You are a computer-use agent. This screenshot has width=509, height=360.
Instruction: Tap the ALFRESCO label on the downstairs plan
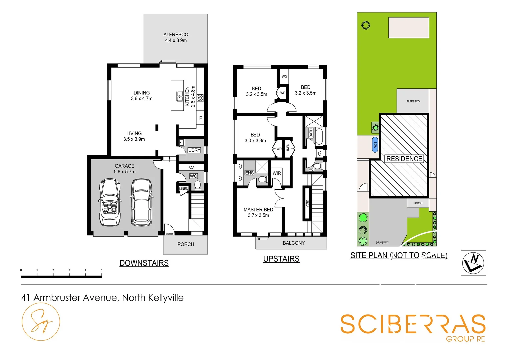(176, 35)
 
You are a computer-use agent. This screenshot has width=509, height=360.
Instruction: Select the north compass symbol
(473, 263)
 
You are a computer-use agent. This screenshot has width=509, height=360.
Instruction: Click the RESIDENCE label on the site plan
(404, 159)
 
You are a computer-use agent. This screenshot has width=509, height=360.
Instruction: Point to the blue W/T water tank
(375, 144)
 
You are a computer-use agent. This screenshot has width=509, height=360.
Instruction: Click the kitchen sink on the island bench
(179, 96)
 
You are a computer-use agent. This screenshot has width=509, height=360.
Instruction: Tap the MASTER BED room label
(258, 210)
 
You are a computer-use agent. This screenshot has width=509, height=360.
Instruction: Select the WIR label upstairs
(277, 173)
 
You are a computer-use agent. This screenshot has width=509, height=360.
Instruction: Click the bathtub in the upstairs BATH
(319, 136)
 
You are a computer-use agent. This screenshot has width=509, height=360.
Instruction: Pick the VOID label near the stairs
(307, 203)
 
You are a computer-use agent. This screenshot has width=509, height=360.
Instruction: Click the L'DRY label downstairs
(194, 150)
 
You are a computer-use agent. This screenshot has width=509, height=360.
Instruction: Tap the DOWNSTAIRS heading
(144, 263)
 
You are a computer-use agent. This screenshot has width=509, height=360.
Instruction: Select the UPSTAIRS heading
(281, 259)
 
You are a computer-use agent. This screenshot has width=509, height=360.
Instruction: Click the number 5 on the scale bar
(101, 270)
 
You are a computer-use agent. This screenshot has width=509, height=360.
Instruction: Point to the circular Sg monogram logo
(41, 322)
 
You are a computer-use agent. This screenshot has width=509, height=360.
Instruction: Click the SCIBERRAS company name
(413, 324)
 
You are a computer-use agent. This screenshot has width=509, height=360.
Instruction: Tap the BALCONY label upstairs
(293, 243)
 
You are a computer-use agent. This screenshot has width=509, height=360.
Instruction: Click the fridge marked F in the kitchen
(200, 118)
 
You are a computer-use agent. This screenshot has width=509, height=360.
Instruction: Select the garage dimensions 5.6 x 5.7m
(124, 172)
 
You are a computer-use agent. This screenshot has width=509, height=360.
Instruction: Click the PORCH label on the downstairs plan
(186, 244)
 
